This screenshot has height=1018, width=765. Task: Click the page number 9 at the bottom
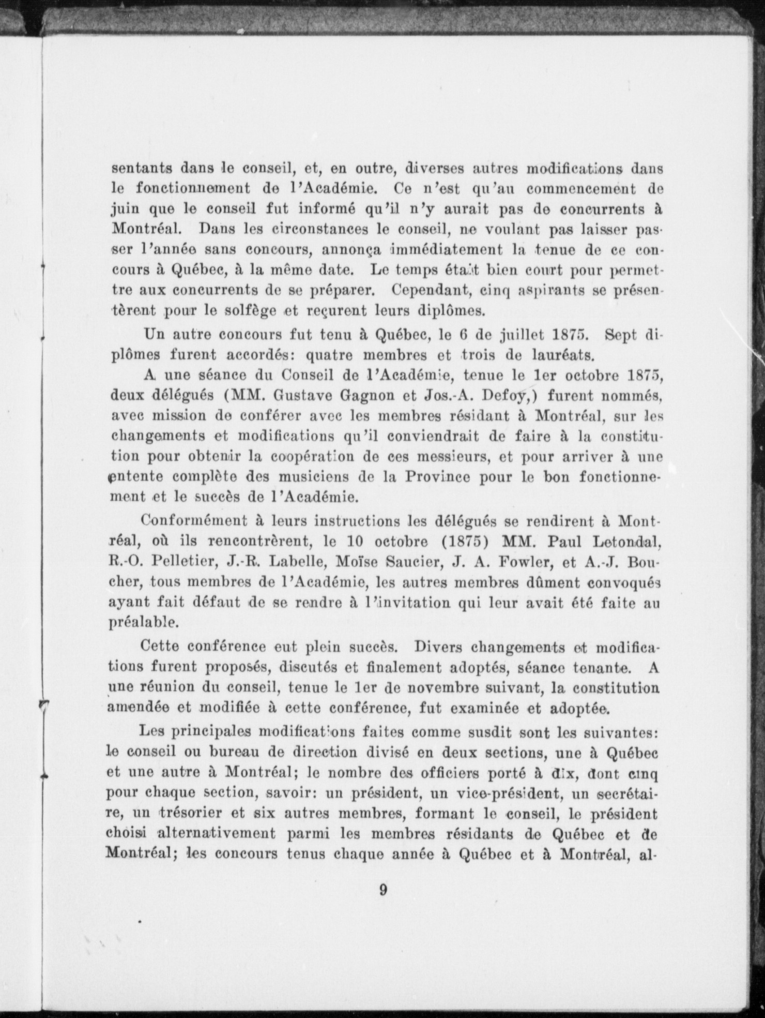pos(383,890)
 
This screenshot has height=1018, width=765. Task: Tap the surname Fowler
pos(522,562)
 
